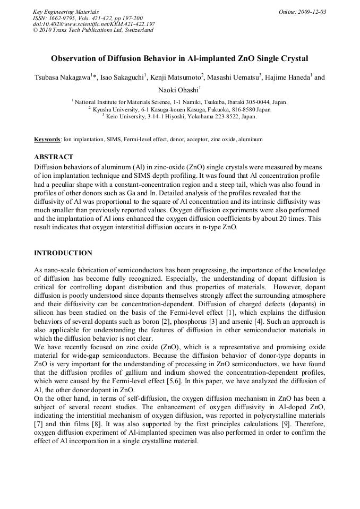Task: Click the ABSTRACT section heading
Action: (x=54, y=157)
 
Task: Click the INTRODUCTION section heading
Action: (x=63, y=253)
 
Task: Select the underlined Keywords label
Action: (x=47, y=139)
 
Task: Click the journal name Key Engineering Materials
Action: (x=65, y=12)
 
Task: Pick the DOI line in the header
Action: (x=93, y=24)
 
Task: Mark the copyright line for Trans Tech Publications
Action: (x=93, y=30)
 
